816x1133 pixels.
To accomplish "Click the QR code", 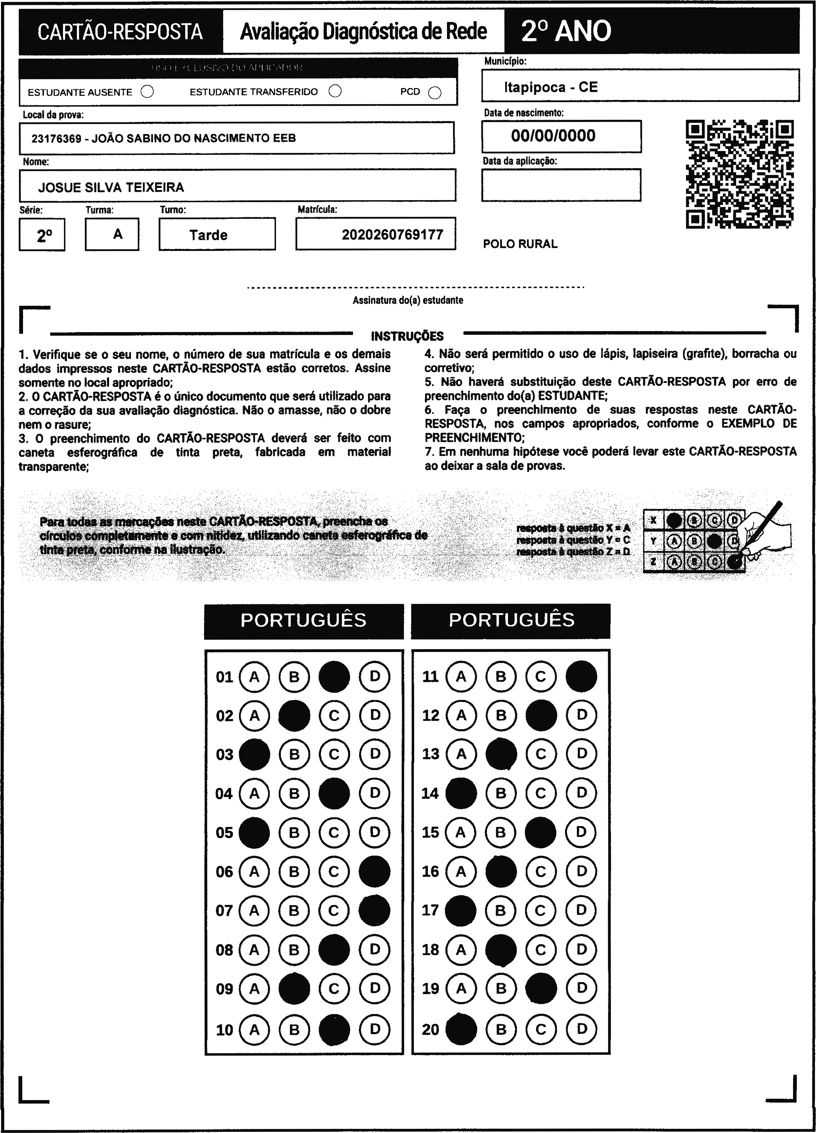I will (739, 174).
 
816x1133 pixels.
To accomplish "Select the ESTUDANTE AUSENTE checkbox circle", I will (147, 92).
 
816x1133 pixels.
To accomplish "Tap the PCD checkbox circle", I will (435, 93).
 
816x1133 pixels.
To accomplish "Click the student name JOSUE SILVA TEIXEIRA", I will (111, 187).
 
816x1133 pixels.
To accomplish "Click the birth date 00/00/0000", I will (553, 136).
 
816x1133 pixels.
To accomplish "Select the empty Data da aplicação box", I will (561, 185).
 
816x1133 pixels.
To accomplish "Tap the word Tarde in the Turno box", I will (209, 235).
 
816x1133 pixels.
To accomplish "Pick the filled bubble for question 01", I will (334, 676).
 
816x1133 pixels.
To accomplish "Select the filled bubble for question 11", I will (581, 676).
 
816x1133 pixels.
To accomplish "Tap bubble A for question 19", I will (461, 988).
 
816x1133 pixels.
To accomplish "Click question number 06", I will (224, 872).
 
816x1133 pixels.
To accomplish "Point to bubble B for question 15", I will (501, 832).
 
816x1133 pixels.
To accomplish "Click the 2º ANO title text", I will (566, 31).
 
